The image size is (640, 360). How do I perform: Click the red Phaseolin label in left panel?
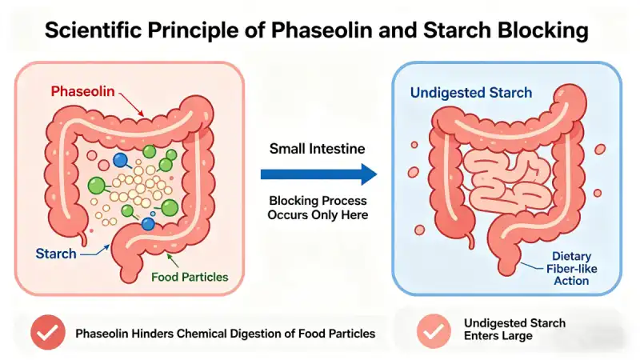[82, 90]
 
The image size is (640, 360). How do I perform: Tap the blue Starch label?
[56, 254]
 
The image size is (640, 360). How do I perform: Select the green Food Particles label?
[189, 278]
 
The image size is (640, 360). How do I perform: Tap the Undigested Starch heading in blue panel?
[470, 93]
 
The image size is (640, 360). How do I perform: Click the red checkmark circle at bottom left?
[48, 332]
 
